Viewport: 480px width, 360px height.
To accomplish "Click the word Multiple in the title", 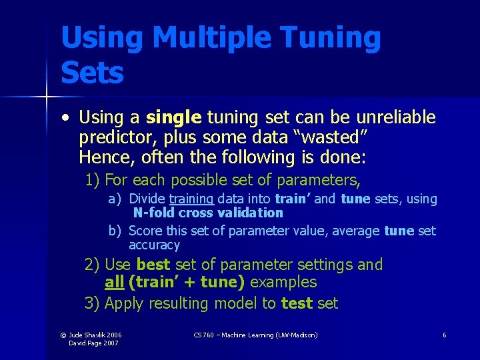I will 215,39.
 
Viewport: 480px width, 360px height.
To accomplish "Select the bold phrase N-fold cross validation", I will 208,213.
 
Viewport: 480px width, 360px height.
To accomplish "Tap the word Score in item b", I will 143,231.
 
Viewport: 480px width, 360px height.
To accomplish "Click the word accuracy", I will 154,245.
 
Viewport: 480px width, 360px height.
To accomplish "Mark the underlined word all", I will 114,283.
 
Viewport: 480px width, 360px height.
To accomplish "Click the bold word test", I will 297,303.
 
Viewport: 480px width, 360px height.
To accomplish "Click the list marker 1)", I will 93,180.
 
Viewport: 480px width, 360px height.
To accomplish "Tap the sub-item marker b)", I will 115,231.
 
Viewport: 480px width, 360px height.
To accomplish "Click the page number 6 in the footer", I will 444,335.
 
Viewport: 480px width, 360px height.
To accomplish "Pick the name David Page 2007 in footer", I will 95,343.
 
